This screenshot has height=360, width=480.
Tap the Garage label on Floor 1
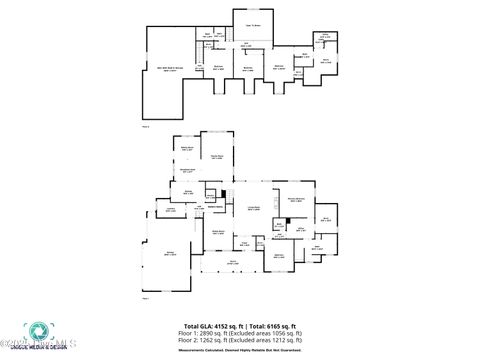click(x=171, y=255)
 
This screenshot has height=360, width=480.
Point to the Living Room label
click(x=254, y=208)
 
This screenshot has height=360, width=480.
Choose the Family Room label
click(x=215, y=157)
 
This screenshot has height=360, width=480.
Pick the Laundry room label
click(x=171, y=209)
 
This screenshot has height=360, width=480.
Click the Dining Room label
click(x=217, y=231)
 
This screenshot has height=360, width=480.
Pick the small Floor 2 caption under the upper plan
click(x=145, y=126)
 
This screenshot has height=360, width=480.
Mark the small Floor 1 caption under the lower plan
click(x=145, y=298)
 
